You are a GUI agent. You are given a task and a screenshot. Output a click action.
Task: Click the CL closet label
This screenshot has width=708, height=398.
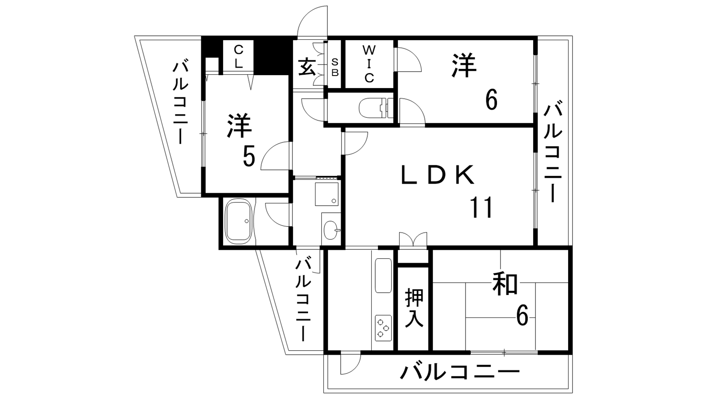tap(239, 57)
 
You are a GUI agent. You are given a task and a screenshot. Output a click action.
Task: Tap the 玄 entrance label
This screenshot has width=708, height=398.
tap(307, 67)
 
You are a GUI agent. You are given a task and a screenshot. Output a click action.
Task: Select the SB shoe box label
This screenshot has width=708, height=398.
tap(335, 67)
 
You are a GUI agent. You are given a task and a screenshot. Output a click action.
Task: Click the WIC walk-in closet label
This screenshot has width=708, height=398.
tap(369, 64)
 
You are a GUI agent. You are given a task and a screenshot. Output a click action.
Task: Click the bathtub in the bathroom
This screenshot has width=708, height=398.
tap(239, 222)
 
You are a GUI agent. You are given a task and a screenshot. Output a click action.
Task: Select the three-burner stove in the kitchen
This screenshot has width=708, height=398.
tap(383, 328)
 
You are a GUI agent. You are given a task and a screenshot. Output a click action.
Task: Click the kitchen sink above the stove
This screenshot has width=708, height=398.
tap(383, 276)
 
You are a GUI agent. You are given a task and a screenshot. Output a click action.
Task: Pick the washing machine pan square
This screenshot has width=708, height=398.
tap(327, 194)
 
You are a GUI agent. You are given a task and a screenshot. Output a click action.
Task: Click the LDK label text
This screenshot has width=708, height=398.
tap(438, 175)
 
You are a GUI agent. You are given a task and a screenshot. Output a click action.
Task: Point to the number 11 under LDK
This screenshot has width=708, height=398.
tap(481, 207)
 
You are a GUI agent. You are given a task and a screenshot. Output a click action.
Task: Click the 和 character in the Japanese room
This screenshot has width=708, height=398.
tap(505, 284)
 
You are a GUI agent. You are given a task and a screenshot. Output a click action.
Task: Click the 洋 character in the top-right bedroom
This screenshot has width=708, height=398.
tap(464, 66)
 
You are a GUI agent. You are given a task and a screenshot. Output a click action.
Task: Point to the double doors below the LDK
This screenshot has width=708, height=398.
tap(413, 239)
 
